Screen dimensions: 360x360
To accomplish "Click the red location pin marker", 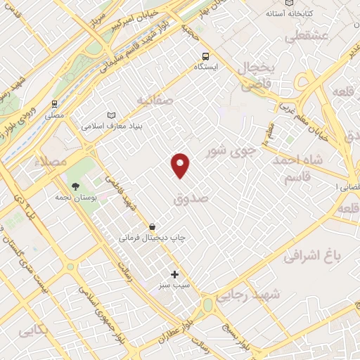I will [181, 165].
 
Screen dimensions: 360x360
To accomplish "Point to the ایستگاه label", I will [206, 67].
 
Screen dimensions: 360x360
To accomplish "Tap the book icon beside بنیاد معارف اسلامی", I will [110, 116].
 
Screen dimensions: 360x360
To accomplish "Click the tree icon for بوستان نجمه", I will [75, 186].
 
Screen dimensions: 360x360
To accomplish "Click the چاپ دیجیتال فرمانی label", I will [152, 238].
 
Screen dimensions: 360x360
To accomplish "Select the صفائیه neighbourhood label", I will [155, 101].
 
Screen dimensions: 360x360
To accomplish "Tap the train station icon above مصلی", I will [55, 104].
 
